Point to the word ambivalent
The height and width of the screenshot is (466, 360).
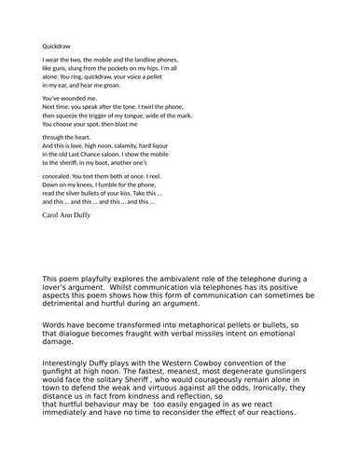(x=182, y=279)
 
